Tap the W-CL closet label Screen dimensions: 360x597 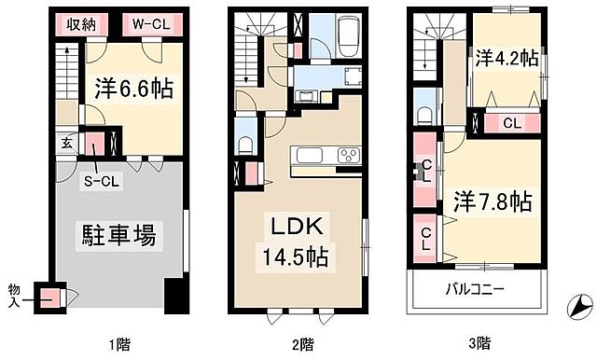coord(148,24)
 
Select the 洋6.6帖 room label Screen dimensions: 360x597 coord(134,90)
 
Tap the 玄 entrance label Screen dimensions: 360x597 coord(68,144)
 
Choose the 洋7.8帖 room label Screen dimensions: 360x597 coord(493,201)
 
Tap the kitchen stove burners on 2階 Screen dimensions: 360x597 coord(348,155)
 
